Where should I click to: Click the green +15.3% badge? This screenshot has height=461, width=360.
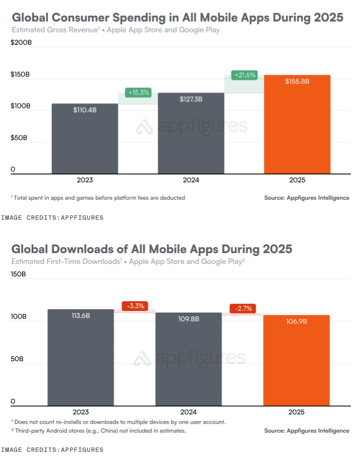click(138, 92)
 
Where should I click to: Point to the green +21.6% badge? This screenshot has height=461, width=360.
click(244, 75)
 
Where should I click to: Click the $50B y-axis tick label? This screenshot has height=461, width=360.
click(19, 138)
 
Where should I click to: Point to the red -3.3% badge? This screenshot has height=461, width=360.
click(134, 306)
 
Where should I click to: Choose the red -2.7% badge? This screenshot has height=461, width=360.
click(243, 308)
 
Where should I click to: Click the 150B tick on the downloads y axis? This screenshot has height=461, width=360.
click(18, 274)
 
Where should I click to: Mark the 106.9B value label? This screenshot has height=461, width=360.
click(296, 322)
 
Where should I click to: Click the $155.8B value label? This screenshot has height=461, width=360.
click(297, 81)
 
